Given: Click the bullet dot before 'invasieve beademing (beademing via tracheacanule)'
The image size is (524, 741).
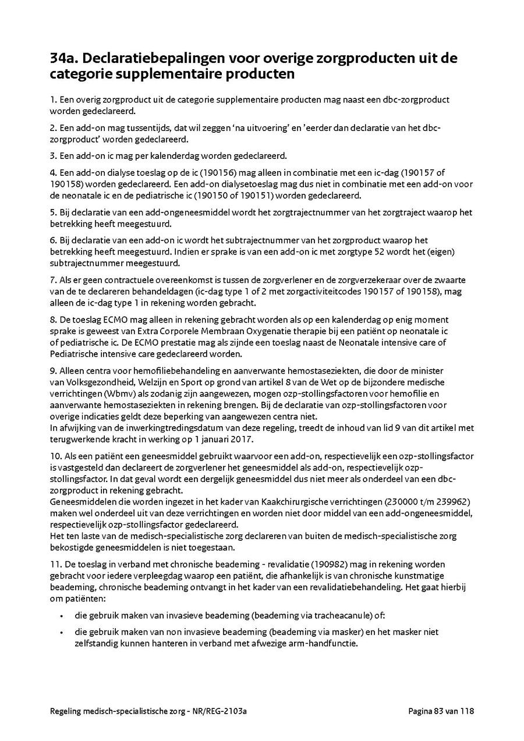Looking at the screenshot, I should (x=62, y=615).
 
